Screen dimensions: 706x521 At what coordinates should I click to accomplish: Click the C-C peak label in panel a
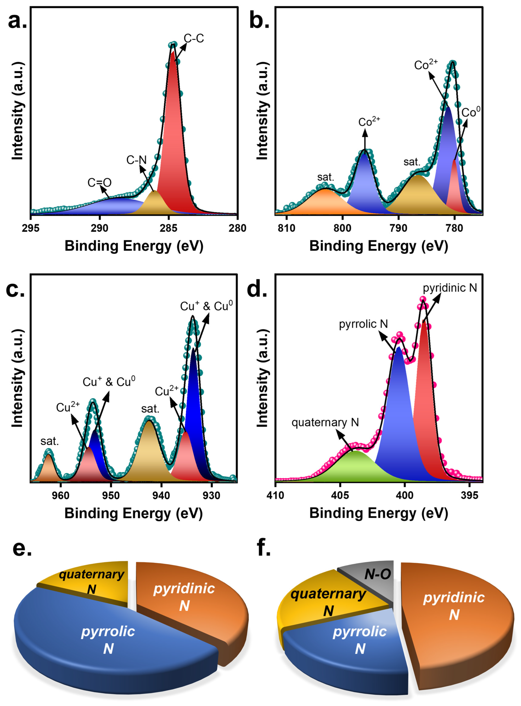[194, 38]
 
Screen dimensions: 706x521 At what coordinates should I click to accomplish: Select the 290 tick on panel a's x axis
[100, 228]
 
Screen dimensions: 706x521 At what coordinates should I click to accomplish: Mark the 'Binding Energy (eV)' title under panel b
[378, 246]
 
